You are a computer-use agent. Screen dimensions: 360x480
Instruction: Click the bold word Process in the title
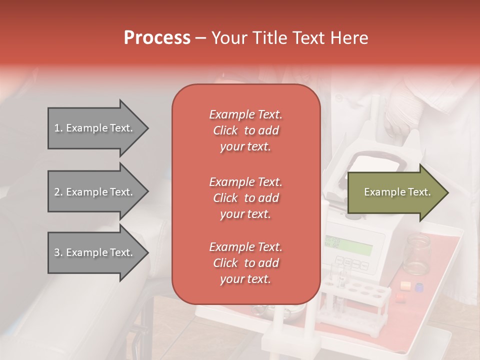click(157, 38)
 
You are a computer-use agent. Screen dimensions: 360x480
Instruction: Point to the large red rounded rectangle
click(246, 194)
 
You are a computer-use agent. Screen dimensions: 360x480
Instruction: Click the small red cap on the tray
click(399, 296)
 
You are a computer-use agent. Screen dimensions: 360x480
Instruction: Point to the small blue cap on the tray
click(419, 288)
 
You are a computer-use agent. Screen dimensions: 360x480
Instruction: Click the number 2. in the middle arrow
click(58, 192)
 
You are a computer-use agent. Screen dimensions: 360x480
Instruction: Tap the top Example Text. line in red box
click(245, 114)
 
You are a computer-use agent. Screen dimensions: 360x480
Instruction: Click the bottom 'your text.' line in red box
click(245, 279)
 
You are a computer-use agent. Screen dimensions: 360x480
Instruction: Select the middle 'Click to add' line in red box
click(245, 198)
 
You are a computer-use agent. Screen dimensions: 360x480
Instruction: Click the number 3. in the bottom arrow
click(58, 252)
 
